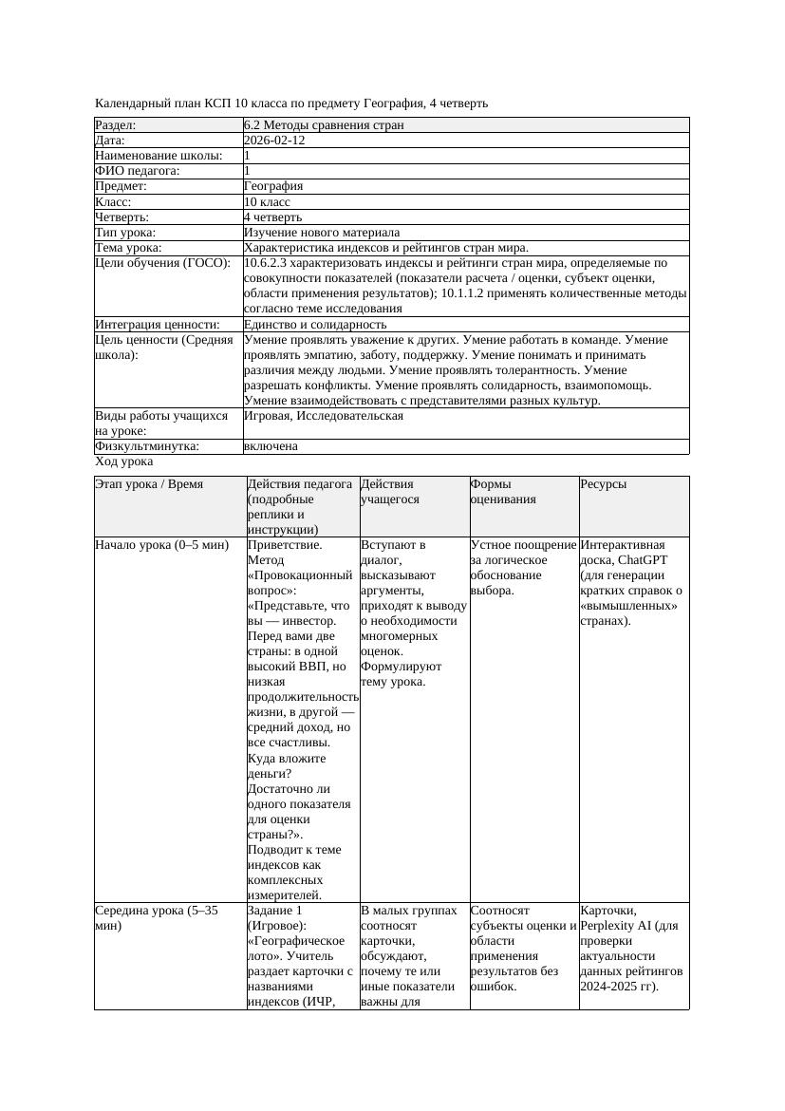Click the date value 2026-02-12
[x=274, y=141]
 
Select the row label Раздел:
[x=116, y=125]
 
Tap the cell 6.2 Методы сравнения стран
[x=324, y=125]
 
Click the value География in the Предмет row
[x=273, y=187]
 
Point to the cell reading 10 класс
[x=267, y=202]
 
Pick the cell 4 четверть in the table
[x=272, y=217]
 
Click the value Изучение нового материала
[x=322, y=233]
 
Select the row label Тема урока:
[x=129, y=248]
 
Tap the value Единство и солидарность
[x=315, y=325]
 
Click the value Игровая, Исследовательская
[x=324, y=416]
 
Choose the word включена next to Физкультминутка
[x=271, y=446]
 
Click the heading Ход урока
[x=124, y=461]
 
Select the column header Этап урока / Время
[x=149, y=484]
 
